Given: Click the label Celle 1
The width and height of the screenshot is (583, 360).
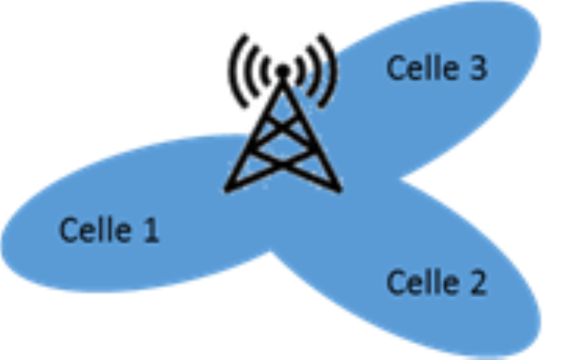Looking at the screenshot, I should (109, 230).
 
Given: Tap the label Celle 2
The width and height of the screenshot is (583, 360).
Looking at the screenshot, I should (437, 282).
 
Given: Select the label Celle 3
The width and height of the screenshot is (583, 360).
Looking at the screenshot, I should (437, 68).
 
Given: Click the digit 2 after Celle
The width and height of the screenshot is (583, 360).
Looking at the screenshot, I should (479, 282).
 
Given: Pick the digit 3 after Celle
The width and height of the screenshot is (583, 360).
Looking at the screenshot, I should (479, 68).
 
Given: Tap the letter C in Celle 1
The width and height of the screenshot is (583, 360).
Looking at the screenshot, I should (68, 230).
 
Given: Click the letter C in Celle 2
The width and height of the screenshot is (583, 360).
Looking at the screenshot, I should (396, 282).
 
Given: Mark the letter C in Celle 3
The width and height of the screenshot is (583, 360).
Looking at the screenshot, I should (396, 68).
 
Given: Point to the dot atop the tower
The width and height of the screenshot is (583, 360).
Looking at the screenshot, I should (281, 70).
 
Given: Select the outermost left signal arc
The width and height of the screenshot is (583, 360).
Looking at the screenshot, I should (232, 70).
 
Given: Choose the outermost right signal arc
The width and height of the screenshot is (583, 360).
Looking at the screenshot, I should (331, 70).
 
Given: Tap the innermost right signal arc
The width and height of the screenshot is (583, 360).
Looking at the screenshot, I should (300, 70).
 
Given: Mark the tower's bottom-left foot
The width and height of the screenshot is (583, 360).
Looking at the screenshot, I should (228, 189).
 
